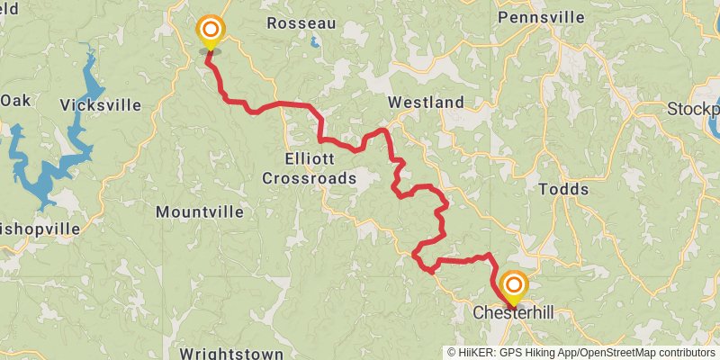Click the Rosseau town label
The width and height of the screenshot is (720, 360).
point(301,23)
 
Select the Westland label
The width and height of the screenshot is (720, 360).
point(426,102)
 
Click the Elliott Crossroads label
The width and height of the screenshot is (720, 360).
point(309,168)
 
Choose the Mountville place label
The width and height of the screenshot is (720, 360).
point(200,212)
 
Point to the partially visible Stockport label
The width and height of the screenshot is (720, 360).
point(693,109)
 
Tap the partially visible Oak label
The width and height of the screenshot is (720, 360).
point(15,100)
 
